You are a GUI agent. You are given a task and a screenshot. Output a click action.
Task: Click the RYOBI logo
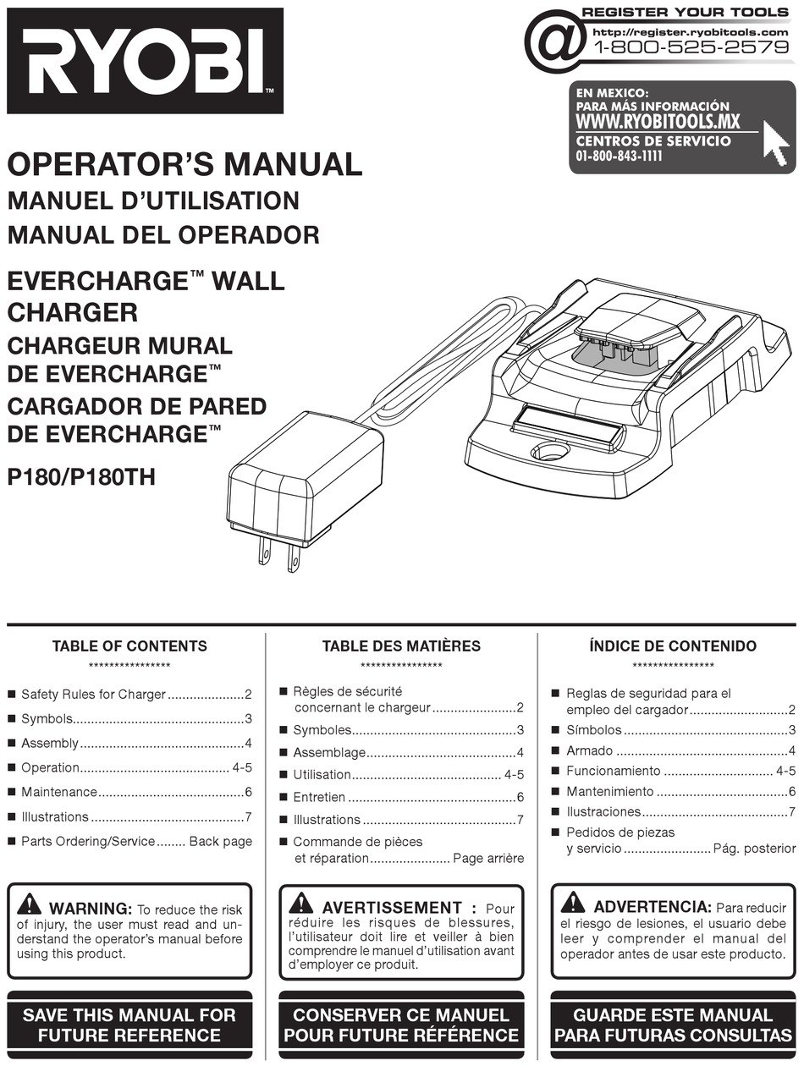coord(144,60)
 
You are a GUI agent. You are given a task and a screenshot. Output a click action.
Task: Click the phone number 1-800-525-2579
coord(691,47)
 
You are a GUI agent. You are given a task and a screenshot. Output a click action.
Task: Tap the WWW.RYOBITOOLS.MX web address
coord(658,122)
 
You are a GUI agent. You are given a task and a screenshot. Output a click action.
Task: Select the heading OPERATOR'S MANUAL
coord(184,163)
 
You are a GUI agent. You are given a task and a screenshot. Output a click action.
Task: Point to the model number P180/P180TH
coord(81,477)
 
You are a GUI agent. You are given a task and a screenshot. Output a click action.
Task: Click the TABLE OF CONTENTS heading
coord(129,646)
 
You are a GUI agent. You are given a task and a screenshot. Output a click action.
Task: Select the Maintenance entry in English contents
coord(59,792)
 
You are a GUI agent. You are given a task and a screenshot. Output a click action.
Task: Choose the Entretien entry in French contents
coord(319,797)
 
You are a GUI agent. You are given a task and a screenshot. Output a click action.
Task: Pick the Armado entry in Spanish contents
coord(589,750)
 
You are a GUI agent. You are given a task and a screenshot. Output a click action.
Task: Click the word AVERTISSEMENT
coord(392,908)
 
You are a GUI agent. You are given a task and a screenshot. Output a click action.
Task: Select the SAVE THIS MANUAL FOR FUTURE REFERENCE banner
coord(129,1025)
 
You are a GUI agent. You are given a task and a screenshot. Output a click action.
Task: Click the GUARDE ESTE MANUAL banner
coord(673,1025)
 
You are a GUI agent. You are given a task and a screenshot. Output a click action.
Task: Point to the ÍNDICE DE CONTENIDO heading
coord(673,646)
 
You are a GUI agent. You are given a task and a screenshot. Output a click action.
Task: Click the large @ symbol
coord(555,41)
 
